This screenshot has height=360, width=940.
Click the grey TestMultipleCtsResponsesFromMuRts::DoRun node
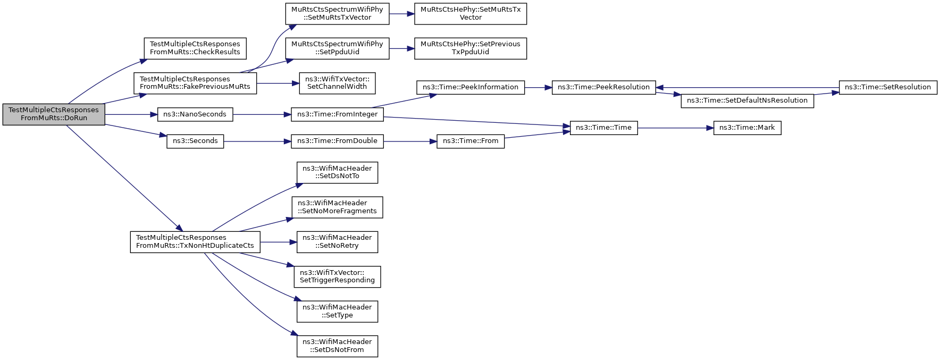tap(54, 114)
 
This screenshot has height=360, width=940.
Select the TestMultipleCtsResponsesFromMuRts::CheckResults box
tap(195, 48)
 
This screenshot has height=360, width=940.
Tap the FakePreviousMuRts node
tap(195, 83)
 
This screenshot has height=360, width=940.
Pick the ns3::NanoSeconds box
tap(195, 114)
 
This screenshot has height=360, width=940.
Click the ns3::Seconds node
tap(195, 141)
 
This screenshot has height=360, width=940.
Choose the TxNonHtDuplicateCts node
tap(195, 241)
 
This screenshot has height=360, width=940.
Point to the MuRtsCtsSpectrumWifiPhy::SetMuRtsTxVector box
tap(337, 13)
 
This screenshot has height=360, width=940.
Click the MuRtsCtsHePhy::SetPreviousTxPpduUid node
tap(471, 48)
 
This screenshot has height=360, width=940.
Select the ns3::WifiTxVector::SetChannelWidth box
tap(337, 83)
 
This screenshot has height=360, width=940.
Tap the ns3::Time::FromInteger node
tap(337, 114)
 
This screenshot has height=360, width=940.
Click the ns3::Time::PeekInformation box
tap(471, 87)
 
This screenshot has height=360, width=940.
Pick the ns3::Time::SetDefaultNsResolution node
tap(747, 101)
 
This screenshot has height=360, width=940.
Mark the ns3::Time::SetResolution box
tap(888, 87)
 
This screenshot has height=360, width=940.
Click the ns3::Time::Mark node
tap(747, 128)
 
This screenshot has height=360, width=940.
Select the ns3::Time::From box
tap(471, 141)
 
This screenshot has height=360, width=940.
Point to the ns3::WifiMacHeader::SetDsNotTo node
tap(337, 173)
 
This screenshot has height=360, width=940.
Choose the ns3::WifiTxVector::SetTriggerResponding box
tap(337, 277)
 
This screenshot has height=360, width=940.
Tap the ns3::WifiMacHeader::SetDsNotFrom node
tap(337, 346)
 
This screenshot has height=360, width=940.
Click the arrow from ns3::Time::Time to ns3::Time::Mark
tap(675, 128)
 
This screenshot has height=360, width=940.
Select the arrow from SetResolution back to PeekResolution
tap(747, 87)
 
